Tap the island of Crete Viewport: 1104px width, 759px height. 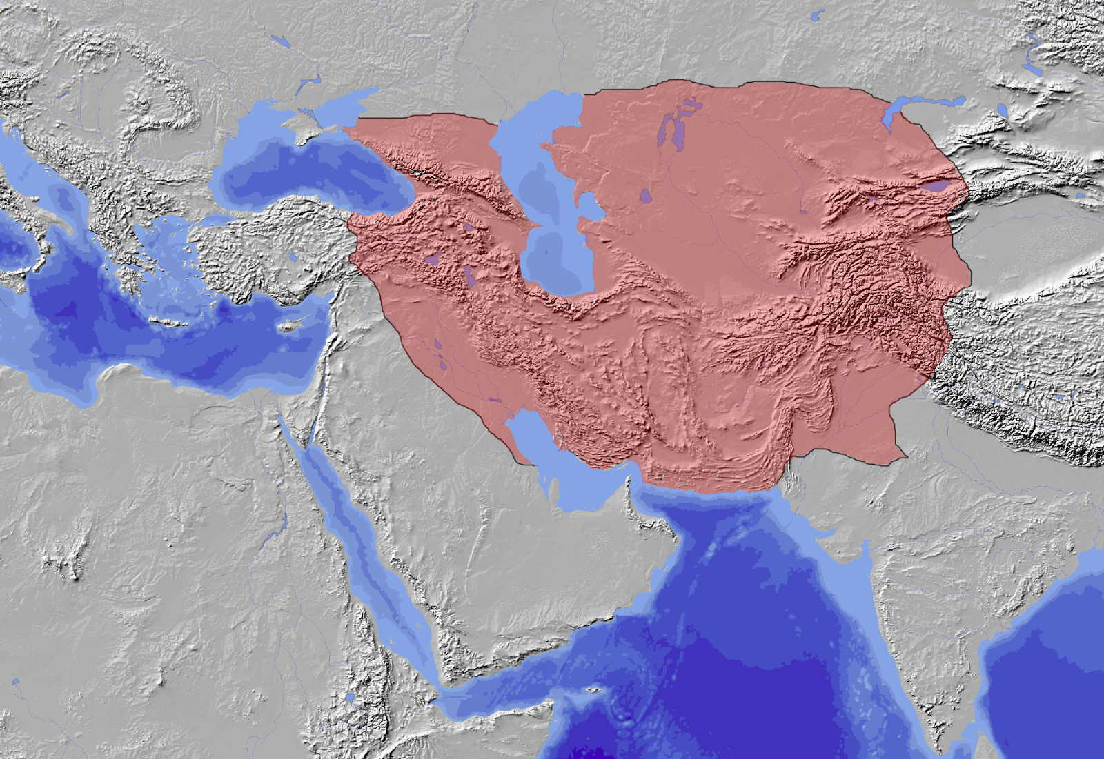coord(169,322)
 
